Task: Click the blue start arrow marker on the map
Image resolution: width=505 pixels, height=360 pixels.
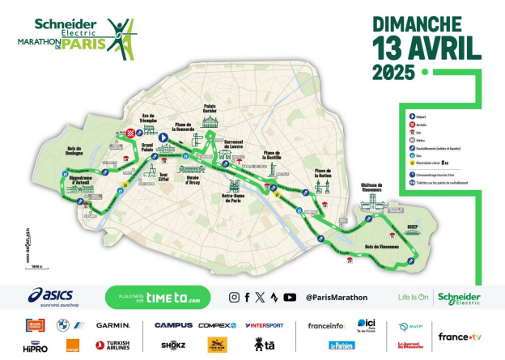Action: (x=162, y=138)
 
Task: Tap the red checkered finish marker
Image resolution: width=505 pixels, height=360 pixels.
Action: (x=130, y=133)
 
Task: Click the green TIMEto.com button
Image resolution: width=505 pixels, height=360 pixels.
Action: (x=157, y=297)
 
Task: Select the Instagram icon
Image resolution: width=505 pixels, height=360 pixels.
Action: (x=234, y=297)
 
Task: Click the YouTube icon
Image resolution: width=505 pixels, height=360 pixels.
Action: (x=289, y=297)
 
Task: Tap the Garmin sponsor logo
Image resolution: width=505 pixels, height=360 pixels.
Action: (x=112, y=325)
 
